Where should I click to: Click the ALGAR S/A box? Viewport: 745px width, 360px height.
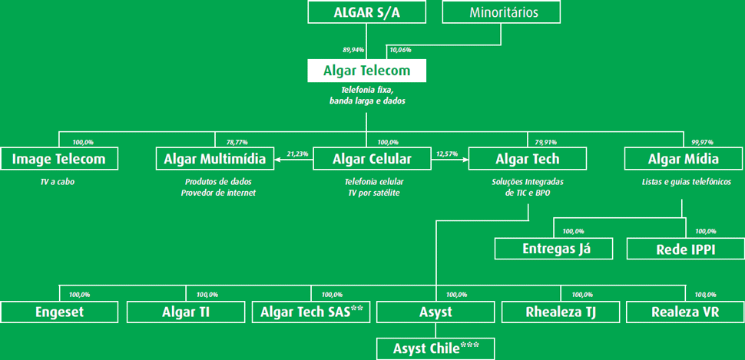366,12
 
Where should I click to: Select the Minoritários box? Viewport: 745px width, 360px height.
502,12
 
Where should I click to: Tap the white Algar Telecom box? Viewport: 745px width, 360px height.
366,71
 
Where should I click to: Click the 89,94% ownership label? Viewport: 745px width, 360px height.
353,49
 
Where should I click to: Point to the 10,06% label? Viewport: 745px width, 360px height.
400,49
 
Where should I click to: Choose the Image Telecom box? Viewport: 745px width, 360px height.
59,159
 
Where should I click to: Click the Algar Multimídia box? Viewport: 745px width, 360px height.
215,159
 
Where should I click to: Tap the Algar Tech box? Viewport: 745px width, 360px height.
528,159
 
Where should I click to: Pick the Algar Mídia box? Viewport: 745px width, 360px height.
684,159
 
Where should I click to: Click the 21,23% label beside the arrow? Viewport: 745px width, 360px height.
297,154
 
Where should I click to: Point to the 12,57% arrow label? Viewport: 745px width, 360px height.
447,154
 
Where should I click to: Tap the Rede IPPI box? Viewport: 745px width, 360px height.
686,249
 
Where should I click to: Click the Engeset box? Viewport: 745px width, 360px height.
59,312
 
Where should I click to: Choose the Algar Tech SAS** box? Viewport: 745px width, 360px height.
312,312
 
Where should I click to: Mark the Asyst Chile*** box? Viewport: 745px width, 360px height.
436,348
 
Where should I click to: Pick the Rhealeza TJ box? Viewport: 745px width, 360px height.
561,312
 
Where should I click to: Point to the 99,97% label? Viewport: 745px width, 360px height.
703,142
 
